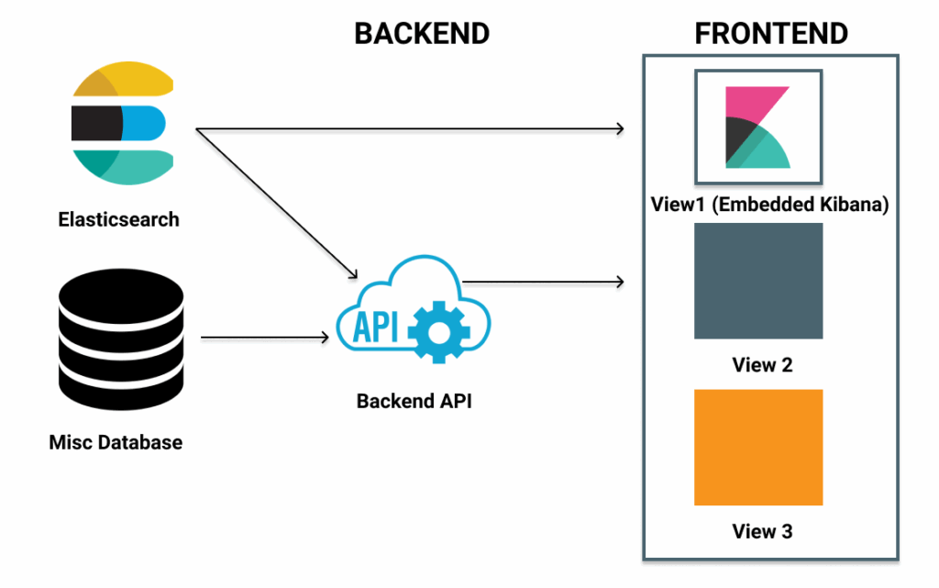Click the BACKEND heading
click(422, 34)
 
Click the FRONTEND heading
click(770, 34)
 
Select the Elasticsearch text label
click(118, 220)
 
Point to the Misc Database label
click(116, 443)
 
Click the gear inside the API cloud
click(435, 329)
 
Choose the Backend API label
click(414, 401)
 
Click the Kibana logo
click(757, 128)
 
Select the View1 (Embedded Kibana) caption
click(769, 205)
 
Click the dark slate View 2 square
click(757, 281)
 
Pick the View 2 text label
click(762, 365)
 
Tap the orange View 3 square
click(757, 448)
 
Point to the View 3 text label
click(762, 531)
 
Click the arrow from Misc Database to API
click(264, 338)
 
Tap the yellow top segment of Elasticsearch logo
click(138, 82)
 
